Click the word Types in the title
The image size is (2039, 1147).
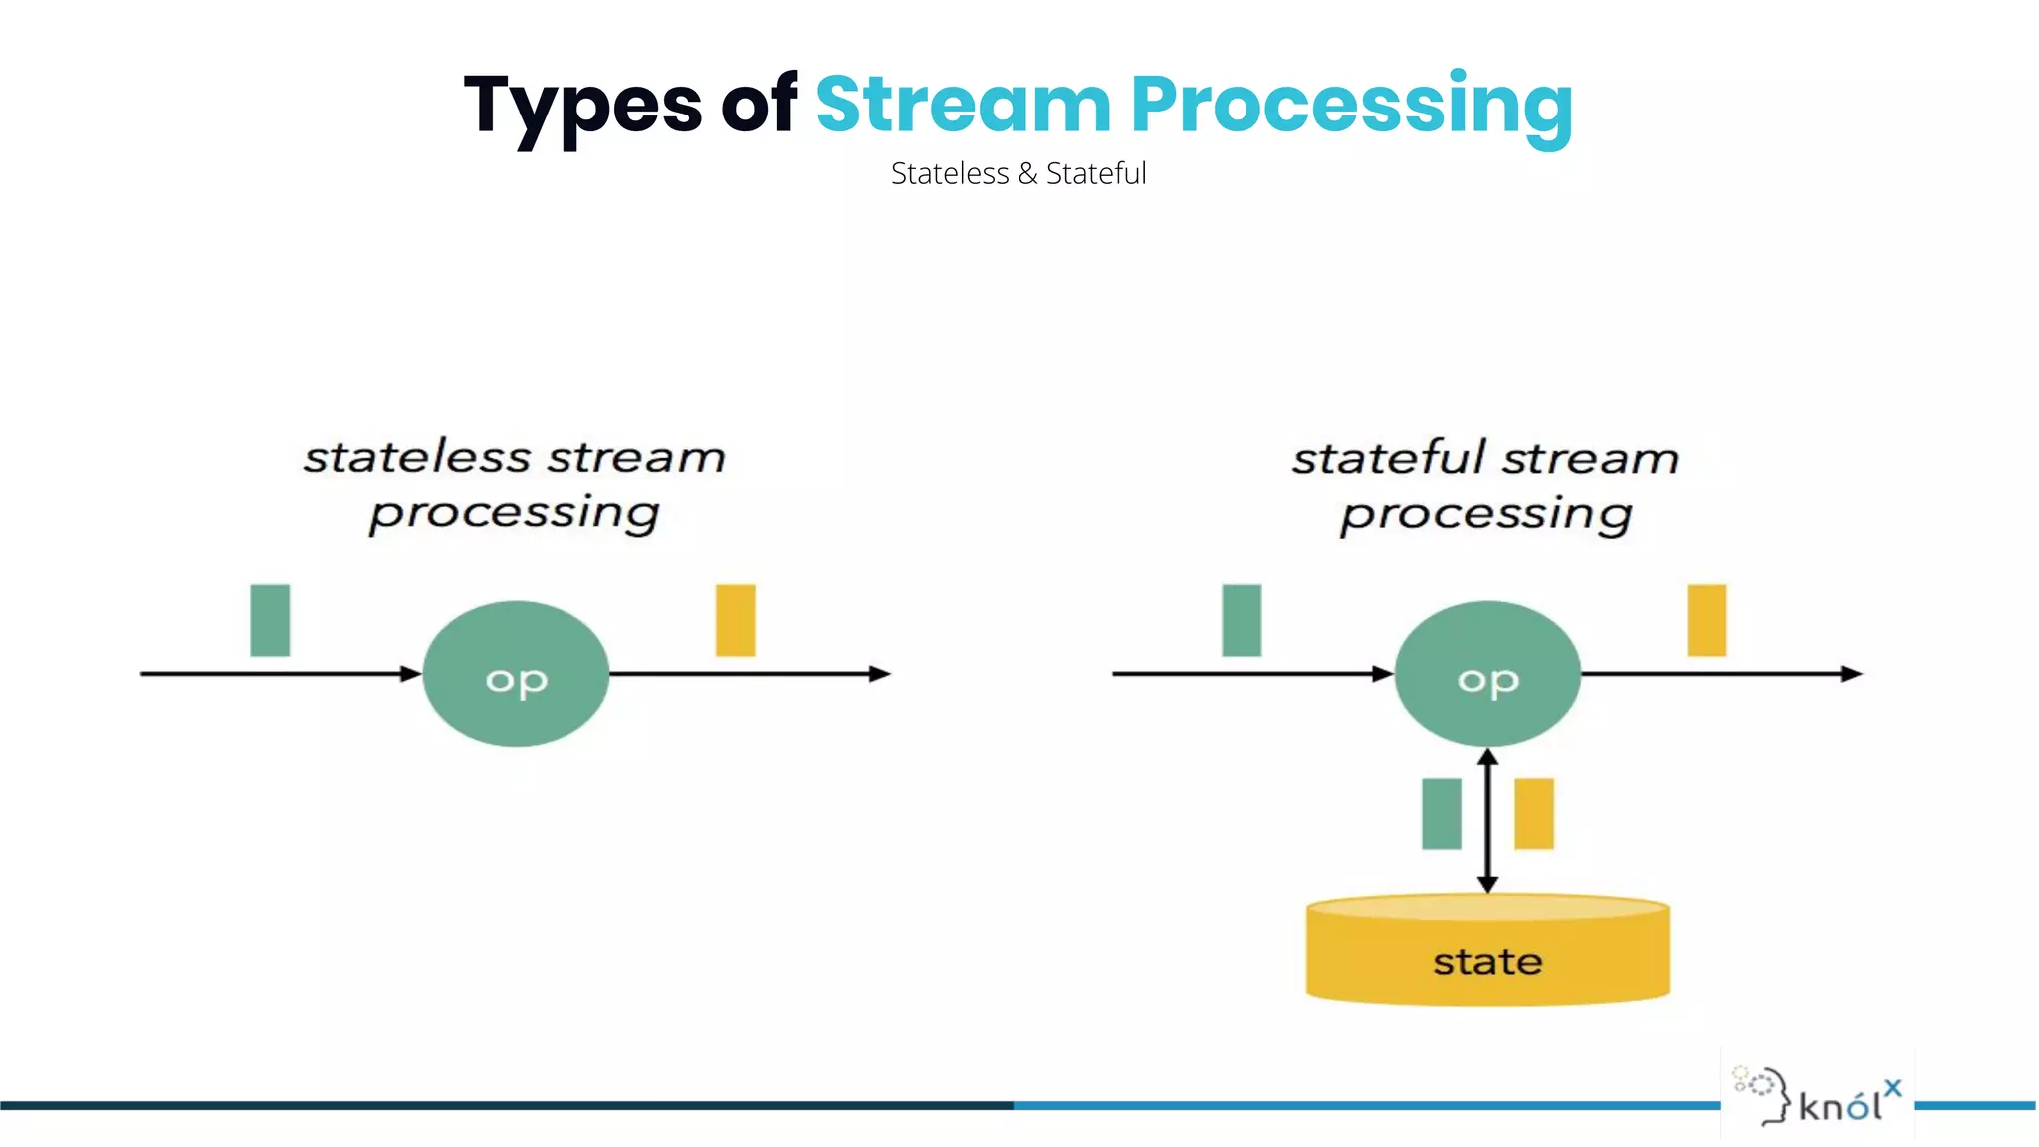[582, 106]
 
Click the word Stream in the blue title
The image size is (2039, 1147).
[963, 104]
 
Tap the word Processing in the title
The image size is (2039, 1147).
[1351, 106]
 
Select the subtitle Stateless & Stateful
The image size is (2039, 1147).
[1019, 173]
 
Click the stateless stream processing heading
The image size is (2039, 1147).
[514, 485]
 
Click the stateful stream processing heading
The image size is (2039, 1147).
[1485, 486]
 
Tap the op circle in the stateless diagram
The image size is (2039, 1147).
[516, 674]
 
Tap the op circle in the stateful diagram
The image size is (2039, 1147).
[1487, 674]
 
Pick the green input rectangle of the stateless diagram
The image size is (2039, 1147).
[270, 620]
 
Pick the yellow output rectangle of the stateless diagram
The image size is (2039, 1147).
[736, 620]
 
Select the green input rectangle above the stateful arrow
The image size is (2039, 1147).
[1242, 620]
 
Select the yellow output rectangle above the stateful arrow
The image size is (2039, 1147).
[1706, 620]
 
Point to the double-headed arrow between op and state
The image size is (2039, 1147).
[1487, 821]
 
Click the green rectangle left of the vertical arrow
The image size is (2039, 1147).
[1442, 813]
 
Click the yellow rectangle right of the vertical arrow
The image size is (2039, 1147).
[1534, 813]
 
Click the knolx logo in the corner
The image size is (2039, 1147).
[1818, 1096]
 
